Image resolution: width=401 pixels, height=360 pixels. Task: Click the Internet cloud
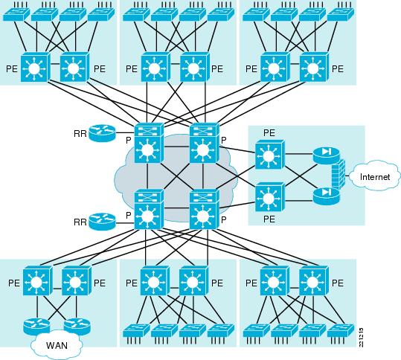click(374, 176)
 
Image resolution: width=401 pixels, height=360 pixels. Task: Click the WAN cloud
click(57, 344)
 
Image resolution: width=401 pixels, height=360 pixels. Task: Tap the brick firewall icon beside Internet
click(339, 174)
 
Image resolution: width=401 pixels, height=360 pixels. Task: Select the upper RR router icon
click(102, 133)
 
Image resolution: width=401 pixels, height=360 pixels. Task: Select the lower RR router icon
click(102, 222)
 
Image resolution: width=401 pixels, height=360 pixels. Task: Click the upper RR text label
click(80, 134)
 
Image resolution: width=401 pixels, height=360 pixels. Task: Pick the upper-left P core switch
click(149, 143)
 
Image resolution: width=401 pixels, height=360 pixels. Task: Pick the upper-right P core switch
click(205, 143)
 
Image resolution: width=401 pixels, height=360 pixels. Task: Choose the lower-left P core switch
click(149, 210)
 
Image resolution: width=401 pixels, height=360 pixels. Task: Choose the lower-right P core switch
click(205, 210)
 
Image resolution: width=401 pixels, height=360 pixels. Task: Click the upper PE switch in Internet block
click(270, 155)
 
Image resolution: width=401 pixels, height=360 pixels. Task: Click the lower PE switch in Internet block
click(270, 197)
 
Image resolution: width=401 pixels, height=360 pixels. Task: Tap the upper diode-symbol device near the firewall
click(326, 155)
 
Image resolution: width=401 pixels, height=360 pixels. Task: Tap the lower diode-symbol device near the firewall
click(326, 196)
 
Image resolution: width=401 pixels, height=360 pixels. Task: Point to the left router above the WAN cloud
click(36, 327)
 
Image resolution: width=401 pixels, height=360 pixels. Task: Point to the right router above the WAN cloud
click(77, 327)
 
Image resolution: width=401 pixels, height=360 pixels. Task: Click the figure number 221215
click(361, 338)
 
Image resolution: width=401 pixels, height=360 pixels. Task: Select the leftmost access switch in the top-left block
click(16, 14)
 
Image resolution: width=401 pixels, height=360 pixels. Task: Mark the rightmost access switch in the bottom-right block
click(341, 331)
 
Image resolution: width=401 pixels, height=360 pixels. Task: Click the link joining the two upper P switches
click(177, 147)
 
